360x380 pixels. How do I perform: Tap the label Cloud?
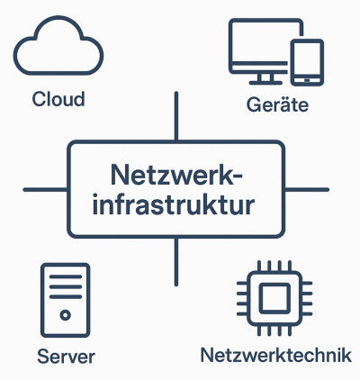pos(58,98)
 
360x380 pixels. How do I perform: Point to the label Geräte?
pos(277,105)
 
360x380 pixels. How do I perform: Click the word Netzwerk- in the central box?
pos(175,174)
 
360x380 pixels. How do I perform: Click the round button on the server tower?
pos(66,315)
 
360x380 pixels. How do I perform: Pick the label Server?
pos(67,356)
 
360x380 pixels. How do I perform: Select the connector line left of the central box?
pos(45,189)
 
